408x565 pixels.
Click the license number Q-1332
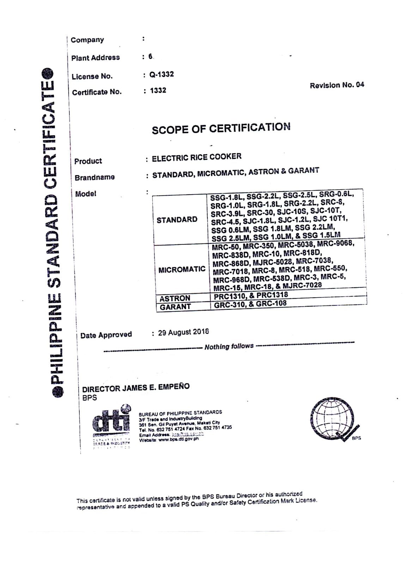click(x=161, y=75)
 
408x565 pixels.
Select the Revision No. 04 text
click(x=337, y=85)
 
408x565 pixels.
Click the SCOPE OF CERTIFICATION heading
click(x=221, y=128)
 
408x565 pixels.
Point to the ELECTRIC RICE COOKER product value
click(x=196, y=157)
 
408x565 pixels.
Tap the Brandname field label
click(x=95, y=177)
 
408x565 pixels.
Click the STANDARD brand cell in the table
click(x=177, y=220)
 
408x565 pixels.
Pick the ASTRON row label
click(x=175, y=298)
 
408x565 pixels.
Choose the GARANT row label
click(x=175, y=307)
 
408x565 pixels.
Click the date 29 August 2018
click(x=183, y=332)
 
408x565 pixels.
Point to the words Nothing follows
click(x=229, y=346)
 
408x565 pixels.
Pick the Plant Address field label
click(x=96, y=58)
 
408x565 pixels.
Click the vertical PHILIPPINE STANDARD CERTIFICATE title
click(x=57, y=233)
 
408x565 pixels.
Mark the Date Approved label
click(x=106, y=335)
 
